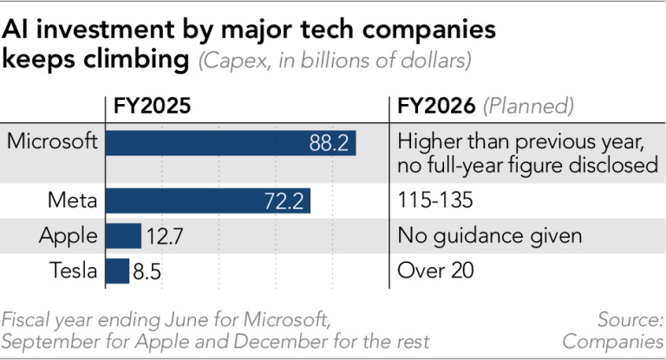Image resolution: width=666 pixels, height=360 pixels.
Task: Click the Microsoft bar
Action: point(230,142)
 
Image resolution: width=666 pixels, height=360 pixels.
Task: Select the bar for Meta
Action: point(207,201)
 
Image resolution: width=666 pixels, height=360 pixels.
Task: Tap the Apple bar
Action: point(123,236)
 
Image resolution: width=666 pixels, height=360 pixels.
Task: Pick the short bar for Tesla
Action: point(117,271)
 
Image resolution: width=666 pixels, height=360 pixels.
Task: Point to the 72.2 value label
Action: point(283,201)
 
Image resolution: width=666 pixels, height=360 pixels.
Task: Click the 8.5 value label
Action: point(147,271)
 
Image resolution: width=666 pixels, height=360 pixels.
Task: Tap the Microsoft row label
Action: point(52,141)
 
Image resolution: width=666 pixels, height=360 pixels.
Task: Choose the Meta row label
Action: point(74,201)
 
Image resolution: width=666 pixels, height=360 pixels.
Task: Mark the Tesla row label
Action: point(74,271)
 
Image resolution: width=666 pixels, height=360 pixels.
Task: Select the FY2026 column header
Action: point(436,107)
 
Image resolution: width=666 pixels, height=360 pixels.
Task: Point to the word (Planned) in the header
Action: point(528,107)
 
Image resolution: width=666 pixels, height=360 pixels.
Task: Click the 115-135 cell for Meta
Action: point(435,201)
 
